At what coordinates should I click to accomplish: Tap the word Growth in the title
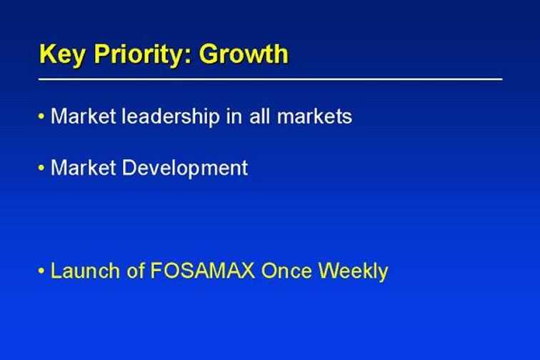(244, 54)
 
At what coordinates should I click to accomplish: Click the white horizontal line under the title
(270, 79)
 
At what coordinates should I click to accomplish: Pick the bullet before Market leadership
(41, 116)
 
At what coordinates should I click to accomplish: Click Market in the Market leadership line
(83, 116)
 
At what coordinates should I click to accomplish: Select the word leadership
(171, 116)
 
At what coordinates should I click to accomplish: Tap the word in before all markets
(234, 116)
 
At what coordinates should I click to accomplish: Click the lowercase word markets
(314, 116)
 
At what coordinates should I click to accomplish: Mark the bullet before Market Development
(41, 168)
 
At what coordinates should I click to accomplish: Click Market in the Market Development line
(83, 167)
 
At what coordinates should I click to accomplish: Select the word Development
(185, 169)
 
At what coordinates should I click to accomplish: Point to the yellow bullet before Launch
(41, 271)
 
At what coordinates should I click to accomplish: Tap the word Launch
(85, 271)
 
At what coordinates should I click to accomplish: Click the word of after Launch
(135, 270)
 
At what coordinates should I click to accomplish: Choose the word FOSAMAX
(203, 271)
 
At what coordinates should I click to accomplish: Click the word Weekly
(353, 271)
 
